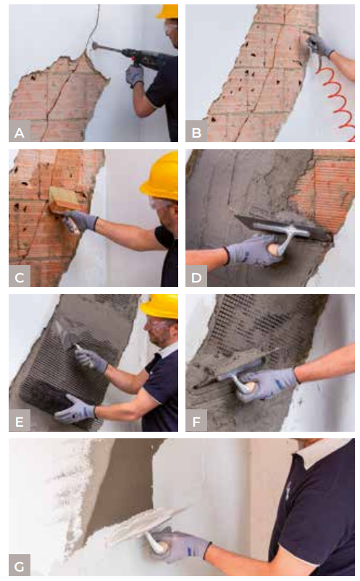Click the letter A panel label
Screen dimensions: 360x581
point(20,133)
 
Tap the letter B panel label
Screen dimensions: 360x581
point(196,133)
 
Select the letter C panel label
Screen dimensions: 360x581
point(20,277)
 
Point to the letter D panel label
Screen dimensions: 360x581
point(196,277)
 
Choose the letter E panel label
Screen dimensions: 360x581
point(20,421)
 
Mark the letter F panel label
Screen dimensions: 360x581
point(196,421)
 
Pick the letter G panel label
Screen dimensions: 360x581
point(20,566)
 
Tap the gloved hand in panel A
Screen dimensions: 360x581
point(134,76)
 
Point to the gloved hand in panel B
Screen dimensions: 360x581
point(318,44)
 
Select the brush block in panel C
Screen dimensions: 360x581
point(64,200)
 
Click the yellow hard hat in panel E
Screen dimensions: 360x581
point(159,306)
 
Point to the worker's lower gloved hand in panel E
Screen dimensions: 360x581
point(75,409)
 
